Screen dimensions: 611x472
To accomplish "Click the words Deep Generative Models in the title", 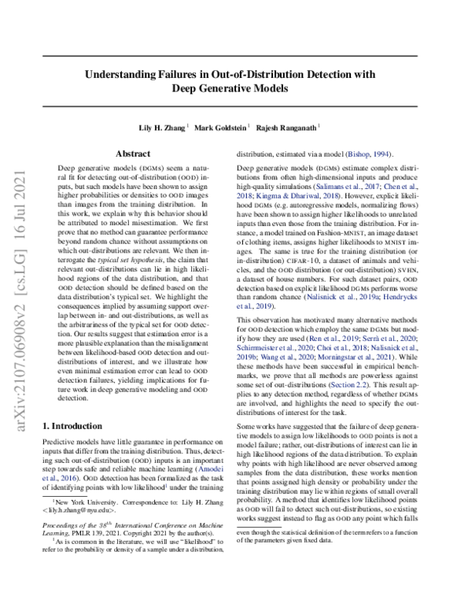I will (236, 89).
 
